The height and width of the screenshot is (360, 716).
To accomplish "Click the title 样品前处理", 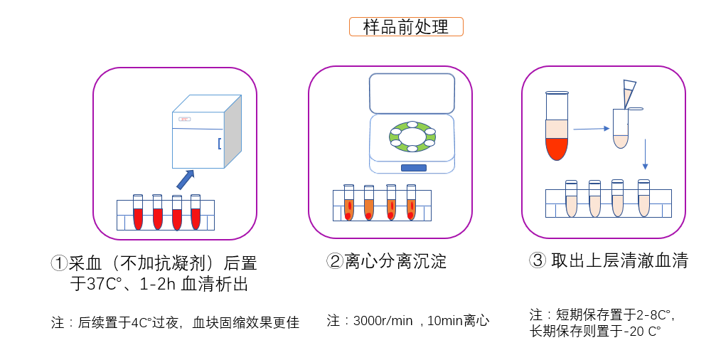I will [x=406, y=27].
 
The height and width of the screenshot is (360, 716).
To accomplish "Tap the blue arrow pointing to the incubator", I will [x=186, y=179].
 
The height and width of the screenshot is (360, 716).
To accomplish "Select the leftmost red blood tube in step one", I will [x=138, y=213].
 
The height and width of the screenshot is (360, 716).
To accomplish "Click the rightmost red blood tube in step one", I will [x=196, y=213].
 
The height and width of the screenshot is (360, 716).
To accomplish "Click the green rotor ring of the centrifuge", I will [x=412, y=137].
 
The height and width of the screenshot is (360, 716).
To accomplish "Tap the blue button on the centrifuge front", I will [x=413, y=168].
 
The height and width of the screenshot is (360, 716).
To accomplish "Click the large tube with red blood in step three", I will [x=557, y=128].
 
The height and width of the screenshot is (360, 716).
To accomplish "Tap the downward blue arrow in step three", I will [x=645, y=154].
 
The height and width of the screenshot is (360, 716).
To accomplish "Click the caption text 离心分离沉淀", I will [x=395, y=261].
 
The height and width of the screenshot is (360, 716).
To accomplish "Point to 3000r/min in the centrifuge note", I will [x=383, y=321].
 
